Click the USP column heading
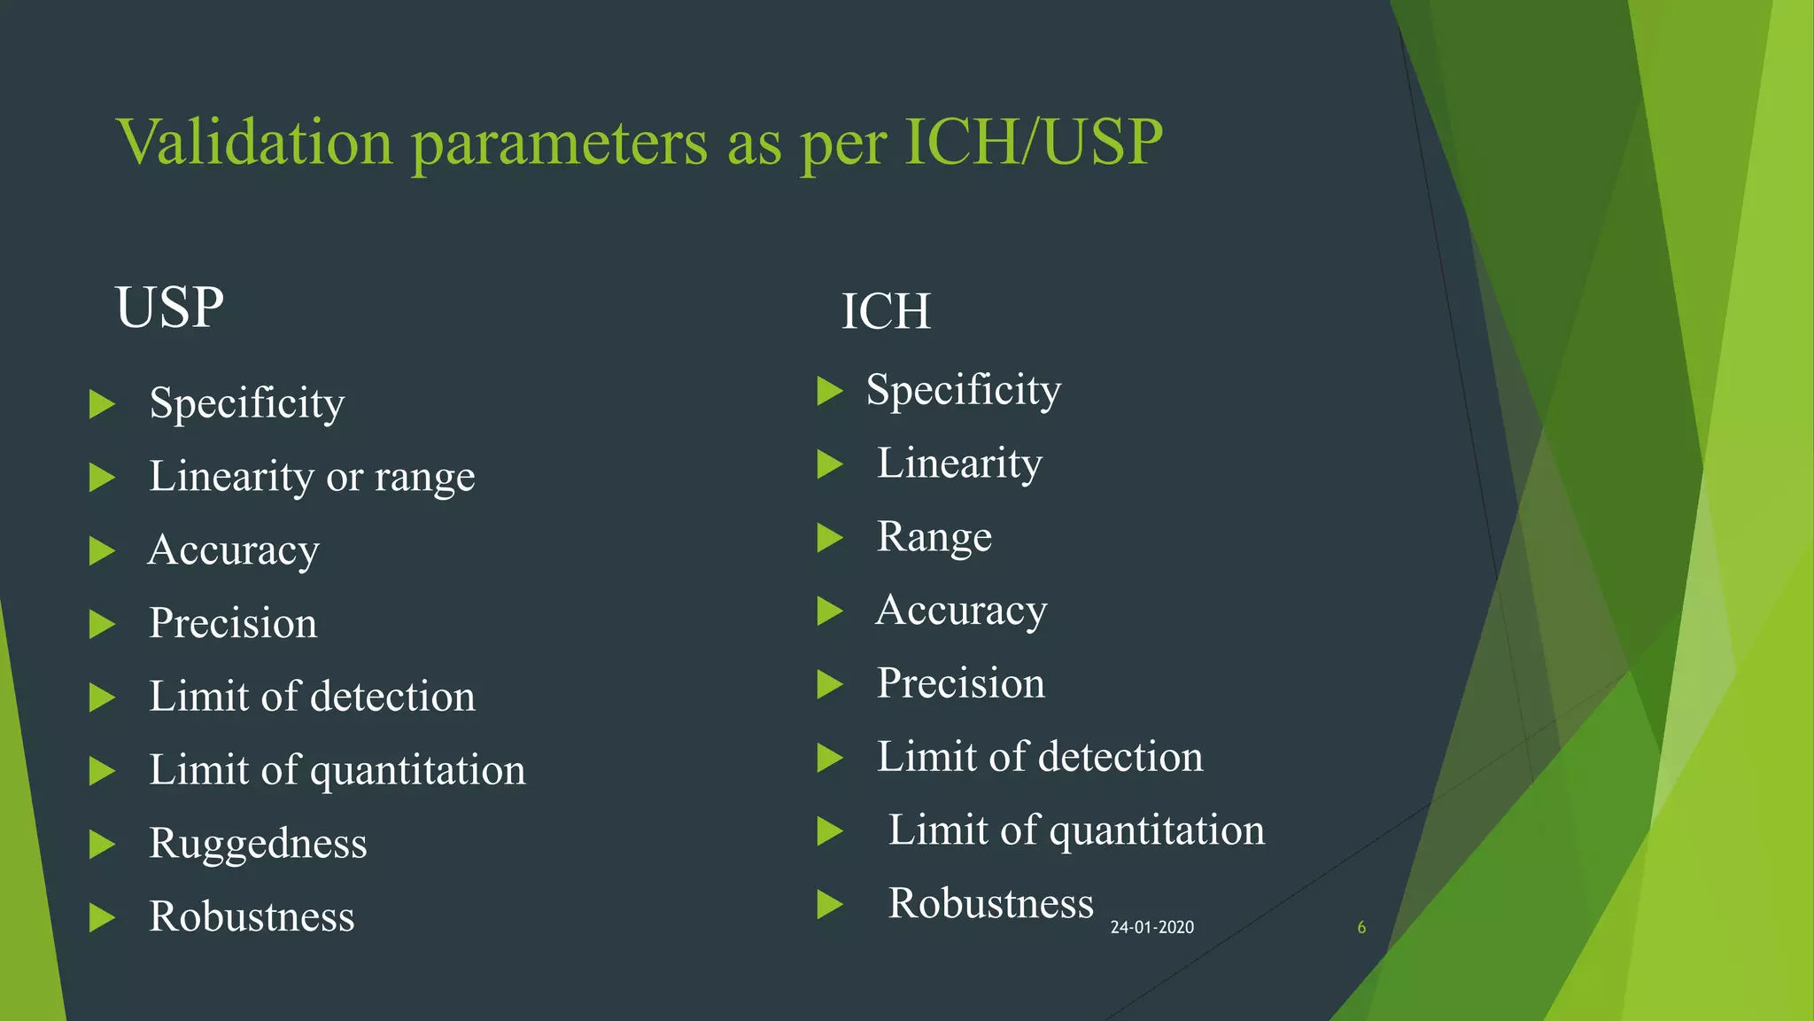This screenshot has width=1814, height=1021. (x=169, y=308)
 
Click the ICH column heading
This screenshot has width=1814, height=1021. (x=886, y=312)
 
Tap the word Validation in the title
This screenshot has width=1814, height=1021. (x=254, y=142)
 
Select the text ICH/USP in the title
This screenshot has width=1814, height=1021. (x=1033, y=142)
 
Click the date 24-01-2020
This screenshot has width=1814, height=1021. (x=1151, y=927)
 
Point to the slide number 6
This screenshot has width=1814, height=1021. (x=1361, y=927)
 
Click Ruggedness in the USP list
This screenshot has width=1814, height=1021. (x=258, y=843)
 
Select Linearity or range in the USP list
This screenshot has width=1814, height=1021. (x=312, y=477)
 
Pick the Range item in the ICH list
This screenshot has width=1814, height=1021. (x=934, y=537)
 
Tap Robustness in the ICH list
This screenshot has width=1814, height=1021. (x=991, y=903)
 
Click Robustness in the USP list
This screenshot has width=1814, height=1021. (x=252, y=916)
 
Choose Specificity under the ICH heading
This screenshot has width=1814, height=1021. (x=964, y=390)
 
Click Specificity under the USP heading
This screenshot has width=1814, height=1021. (x=247, y=403)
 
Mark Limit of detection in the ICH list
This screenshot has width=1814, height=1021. (x=1040, y=757)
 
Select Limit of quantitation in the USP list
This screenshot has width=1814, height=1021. (x=337, y=770)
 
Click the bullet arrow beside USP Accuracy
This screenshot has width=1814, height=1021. (x=103, y=551)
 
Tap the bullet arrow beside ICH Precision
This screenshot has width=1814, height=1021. (x=830, y=684)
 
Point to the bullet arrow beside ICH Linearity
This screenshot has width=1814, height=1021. (x=830, y=464)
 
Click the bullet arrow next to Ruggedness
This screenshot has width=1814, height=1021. (x=103, y=845)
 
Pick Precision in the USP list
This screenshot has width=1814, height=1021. (x=233, y=623)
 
